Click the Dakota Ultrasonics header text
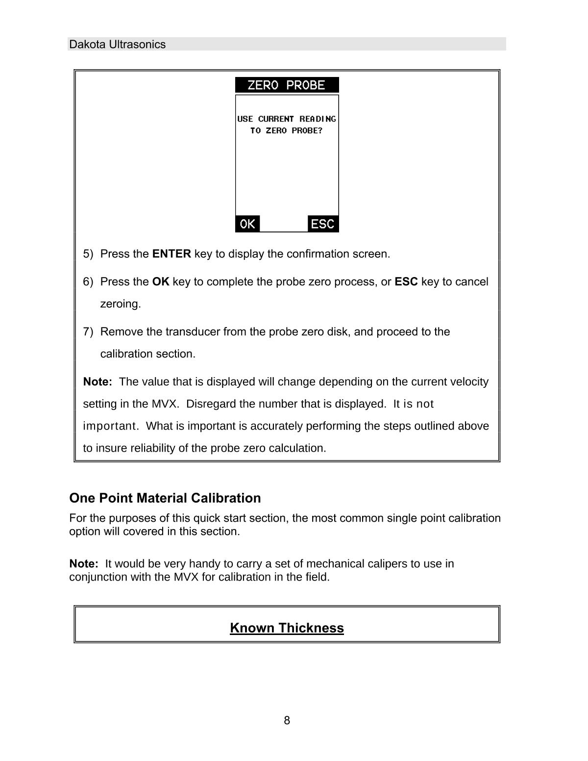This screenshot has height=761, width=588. pyautogui.click(x=118, y=45)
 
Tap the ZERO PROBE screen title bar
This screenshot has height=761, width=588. pyautogui.click(x=287, y=85)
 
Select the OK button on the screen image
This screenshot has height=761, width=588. pyautogui.click(x=247, y=224)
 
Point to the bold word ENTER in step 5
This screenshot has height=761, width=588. pyautogui.click(x=171, y=254)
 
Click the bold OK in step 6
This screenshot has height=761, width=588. pyautogui.click(x=161, y=282)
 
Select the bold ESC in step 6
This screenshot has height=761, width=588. pyautogui.click(x=406, y=282)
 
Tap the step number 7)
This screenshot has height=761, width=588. pyautogui.click(x=88, y=332)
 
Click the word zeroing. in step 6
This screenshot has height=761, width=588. pyautogui.click(x=121, y=304)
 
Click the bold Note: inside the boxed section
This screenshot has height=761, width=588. pyautogui.click(x=98, y=382)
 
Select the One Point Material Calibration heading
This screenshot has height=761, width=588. pyautogui.click(x=165, y=498)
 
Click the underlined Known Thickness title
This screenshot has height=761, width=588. pyautogui.click(x=287, y=628)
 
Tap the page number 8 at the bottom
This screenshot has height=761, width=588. pyautogui.click(x=287, y=720)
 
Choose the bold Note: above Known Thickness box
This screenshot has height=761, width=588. pyautogui.click(x=84, y=564)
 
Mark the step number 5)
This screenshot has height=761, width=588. pyautogui.click(x=88, y=254)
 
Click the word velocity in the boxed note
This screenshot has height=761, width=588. pyautogui.click(x=469, y=382)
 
